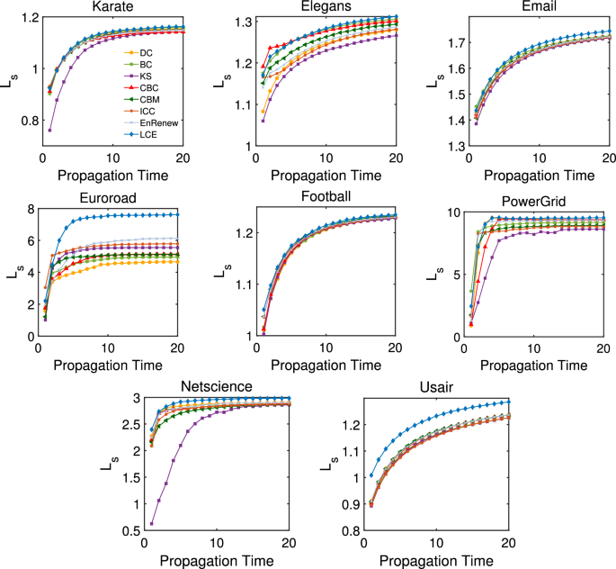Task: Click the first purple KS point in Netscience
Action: pyautogui.click(x=151, y=524)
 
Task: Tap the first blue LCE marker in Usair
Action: pyautogui.click(x=371, y=475)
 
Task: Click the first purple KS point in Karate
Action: pyautogui.click(x=49, y=131)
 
